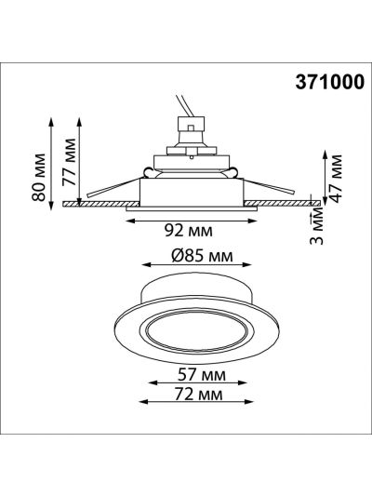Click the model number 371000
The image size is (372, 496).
click(329, 83)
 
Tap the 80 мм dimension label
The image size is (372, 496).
click(39, 178)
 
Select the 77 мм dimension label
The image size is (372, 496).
click(69, 162)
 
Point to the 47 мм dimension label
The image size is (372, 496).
click(335, 179)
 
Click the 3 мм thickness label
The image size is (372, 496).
click(316, 228)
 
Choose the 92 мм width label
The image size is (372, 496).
click(189, 231)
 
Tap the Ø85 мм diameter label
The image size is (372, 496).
click(202, 256)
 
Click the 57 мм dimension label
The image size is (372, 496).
click(202, 375)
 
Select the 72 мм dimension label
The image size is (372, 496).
click(198, 395)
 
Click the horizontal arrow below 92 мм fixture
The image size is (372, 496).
click(192, 221)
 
